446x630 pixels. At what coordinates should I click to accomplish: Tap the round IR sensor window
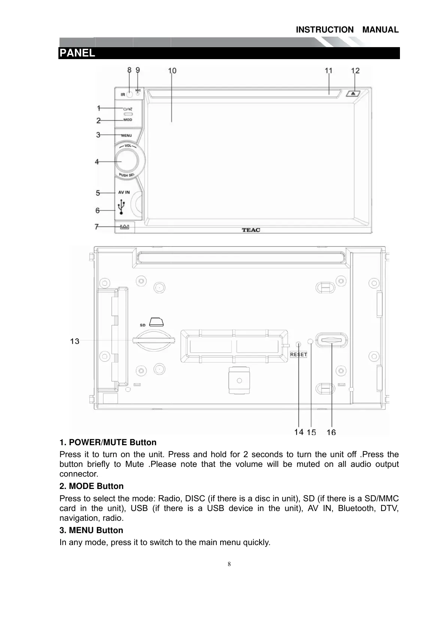(x=130, y=95)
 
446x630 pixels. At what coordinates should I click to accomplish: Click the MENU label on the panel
(x=127, y=135)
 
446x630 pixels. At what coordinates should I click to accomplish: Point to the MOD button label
(x=128, y=120)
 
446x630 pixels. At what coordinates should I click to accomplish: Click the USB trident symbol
(x=121, y=207)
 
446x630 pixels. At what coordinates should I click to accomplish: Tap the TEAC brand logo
(x=251, y=230)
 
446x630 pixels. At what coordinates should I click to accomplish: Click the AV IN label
(x=124, y=192)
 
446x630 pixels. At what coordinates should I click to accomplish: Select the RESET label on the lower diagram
(x=299, y=354)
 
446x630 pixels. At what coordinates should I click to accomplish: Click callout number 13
(x=75, y=341)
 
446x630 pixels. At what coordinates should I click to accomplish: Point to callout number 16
(x=331, y=432)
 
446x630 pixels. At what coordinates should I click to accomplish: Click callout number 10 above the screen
(x=172, y=70)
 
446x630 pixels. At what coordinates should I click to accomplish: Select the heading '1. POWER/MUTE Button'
(x=108, y=443)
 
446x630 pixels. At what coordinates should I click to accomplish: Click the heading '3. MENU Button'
(x=91, y=530)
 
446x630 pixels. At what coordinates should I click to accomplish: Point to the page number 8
(x=229, y=564)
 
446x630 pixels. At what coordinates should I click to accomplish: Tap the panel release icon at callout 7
(x=124, y=227)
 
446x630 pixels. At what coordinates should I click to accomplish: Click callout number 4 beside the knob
(x=97, y=162)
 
